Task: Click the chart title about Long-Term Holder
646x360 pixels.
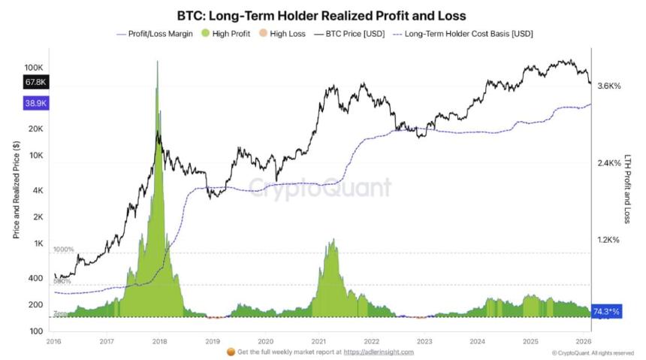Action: point(322,15)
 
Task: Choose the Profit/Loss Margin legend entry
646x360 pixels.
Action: point(155,34)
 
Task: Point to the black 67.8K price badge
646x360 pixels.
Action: point(36,82)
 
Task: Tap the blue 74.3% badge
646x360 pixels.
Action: point(606,310)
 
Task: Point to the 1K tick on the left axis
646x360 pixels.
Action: point(38,244)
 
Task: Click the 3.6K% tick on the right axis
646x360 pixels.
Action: point(608,86)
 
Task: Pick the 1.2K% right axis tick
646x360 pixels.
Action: point(608,241)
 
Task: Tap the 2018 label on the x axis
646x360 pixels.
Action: point(159,340)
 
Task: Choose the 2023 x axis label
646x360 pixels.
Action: point(424,340)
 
